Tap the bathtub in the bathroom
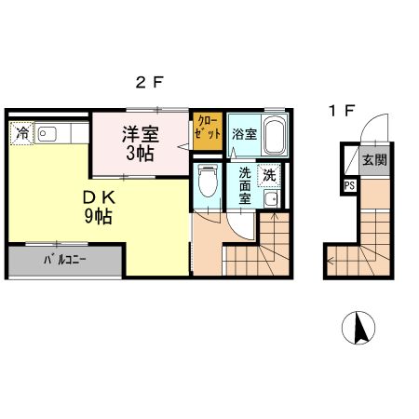click(x=275, y=137)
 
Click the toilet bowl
click(x=209, y=182)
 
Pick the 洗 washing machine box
click(x=270, y=173)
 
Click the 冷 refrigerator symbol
click(x=20, y=134)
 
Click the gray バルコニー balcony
click(x=65, y=261)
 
